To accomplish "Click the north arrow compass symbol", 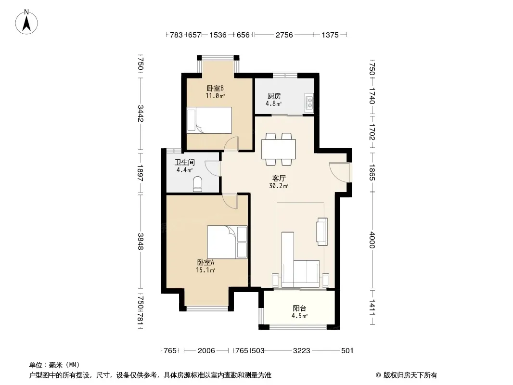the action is (x=26, y=22).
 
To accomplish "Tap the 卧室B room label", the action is (x=215, y=89).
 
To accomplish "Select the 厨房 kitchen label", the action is (x=274, y=96).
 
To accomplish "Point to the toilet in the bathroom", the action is (x=198, y=184).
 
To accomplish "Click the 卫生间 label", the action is (x=184, y=162).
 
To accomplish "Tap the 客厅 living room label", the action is (x=279, y=178).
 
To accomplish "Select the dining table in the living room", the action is (x=279, y=149).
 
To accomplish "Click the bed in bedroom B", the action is (x=209, y=120).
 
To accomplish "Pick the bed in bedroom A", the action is (x=227, y=242).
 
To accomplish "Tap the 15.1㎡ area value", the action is (x=205, y=270).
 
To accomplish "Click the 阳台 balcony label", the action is (x=299, y=308).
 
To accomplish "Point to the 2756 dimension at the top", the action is (x=284, y=35).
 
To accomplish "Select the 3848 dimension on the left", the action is (x=141, y=242).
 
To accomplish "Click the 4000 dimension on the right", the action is (x=372, y=240).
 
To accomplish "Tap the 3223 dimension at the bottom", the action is (x=301, y=351).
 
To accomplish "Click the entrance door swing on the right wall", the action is (x=339, y=172).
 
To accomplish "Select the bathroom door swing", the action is (x=212, y=169).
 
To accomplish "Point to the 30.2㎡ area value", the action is (x=279, y=186).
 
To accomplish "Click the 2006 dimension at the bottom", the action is (x=206, y=351).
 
